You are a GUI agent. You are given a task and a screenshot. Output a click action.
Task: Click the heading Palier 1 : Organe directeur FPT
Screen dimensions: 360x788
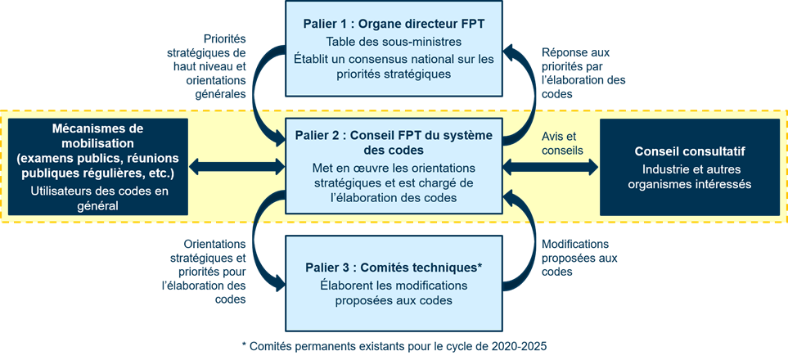[x=393, y=23]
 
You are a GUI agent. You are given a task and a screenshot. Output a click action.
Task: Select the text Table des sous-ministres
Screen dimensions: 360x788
[x=393, y=41]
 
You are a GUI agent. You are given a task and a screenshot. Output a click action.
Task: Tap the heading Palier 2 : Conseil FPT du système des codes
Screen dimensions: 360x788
[x=393, y=142]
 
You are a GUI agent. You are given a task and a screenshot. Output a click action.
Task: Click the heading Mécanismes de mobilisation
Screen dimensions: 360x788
[x=97, y=136]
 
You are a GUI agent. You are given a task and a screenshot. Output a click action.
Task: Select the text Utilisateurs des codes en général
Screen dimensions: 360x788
[x=97, y=199]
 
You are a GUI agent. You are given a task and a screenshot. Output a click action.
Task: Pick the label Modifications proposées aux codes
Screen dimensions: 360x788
[x=577, y=258]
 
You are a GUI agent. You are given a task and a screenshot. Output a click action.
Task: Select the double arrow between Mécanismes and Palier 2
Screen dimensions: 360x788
[x=236, y=167]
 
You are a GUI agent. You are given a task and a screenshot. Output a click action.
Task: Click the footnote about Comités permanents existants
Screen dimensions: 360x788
[x=394, y=346]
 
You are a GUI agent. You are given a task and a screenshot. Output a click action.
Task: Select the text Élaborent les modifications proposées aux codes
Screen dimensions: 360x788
[x=393, y=293]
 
